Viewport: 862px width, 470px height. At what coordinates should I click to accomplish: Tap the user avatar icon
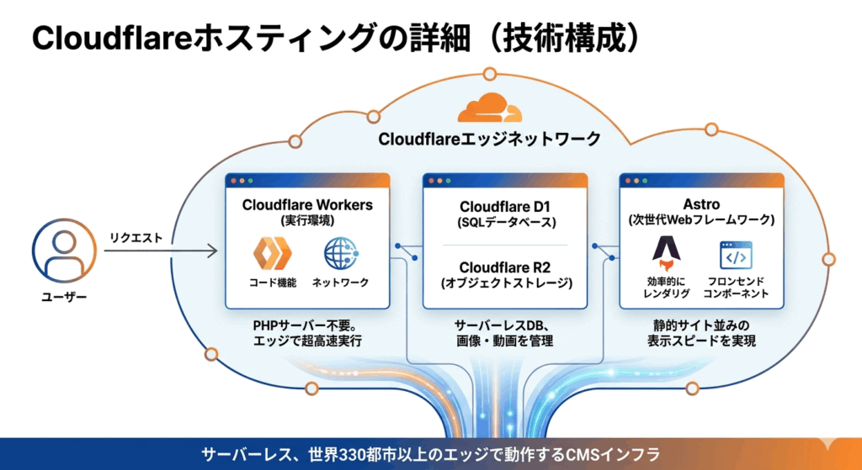59,253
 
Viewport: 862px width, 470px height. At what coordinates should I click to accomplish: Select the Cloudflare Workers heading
307,204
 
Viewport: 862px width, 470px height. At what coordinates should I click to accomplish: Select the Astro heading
701,204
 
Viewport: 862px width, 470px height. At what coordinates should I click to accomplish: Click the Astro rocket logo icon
665,254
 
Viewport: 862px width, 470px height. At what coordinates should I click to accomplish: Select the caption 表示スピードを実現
701,341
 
